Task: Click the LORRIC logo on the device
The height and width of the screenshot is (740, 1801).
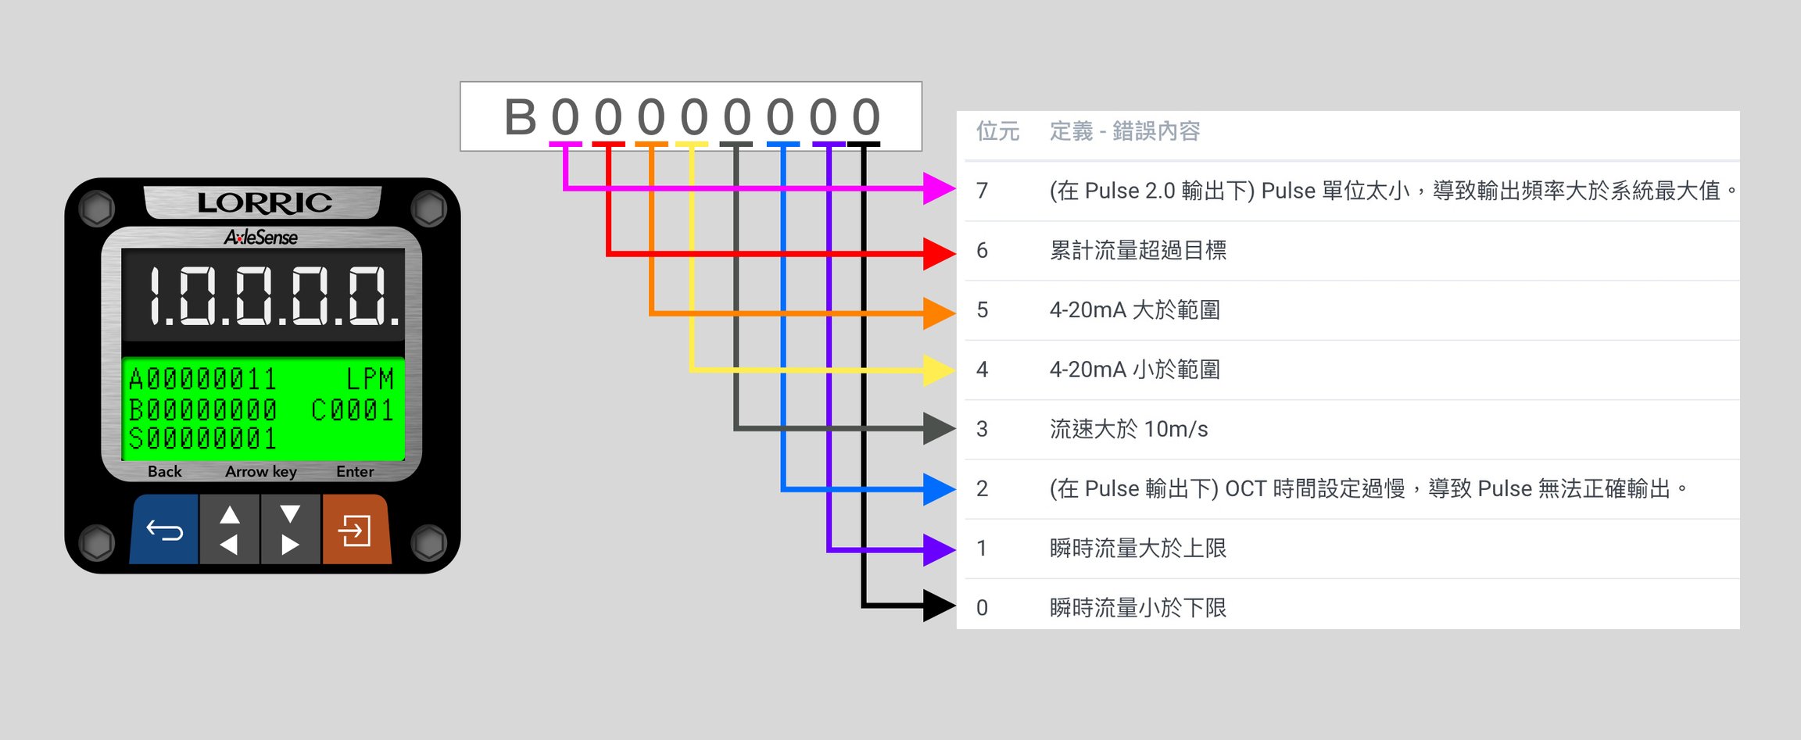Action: tap(264, 203)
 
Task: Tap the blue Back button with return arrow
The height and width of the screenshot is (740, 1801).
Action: tap(165, 529)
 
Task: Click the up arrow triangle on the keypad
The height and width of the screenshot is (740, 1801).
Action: tap(230, 514)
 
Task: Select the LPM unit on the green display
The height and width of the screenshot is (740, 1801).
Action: tap(370, 379)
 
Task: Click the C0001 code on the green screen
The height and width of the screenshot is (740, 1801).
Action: tap(353, 410)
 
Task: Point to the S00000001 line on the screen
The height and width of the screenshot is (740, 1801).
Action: tap(202, 439)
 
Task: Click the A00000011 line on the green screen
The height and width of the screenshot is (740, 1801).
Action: tap(202, 379)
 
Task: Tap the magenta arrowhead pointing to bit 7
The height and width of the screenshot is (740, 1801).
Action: tap(940, 188)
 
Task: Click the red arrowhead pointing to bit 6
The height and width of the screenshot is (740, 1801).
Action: tap(940, 253)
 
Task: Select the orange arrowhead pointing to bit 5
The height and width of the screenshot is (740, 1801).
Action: tap(940, 313)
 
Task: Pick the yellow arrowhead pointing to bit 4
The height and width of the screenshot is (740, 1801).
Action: tap(940, 370)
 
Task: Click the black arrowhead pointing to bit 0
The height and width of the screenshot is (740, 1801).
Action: tap(940, 606)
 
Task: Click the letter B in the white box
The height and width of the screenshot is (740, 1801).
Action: tap(521, 117)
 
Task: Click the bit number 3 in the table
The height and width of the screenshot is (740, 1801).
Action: tap(983, 429)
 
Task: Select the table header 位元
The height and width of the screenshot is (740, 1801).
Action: tap(997, 131)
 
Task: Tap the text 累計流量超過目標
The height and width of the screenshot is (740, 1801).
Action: tap(1138, 251)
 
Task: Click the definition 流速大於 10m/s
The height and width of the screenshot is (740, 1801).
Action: tap(1129, 429)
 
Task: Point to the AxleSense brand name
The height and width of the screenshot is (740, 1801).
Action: tap(261, 237)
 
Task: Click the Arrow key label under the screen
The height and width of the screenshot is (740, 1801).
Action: tap(261, 472)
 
